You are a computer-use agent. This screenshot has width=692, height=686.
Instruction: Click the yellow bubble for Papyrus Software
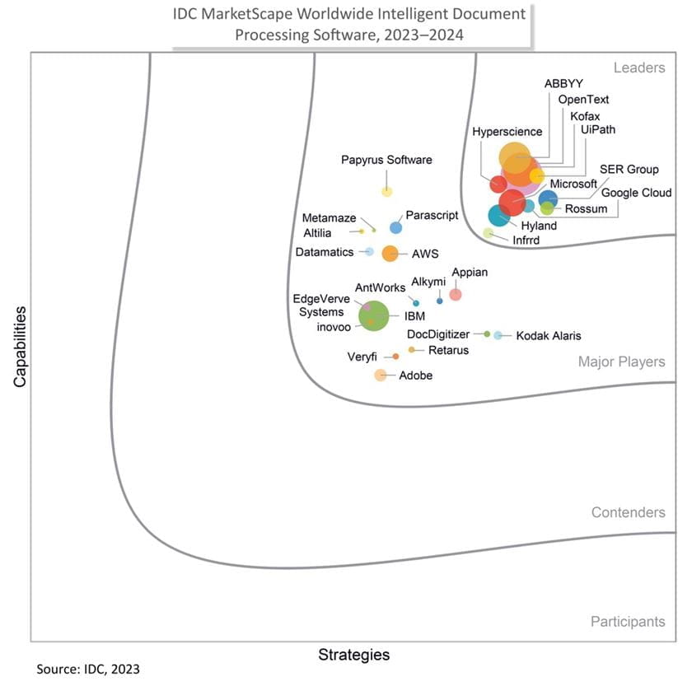point(386,192)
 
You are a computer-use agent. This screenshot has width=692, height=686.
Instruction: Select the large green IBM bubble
point(374,316)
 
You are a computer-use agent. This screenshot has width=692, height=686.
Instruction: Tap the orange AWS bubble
point(390,254)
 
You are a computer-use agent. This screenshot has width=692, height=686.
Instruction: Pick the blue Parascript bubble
point(395,228)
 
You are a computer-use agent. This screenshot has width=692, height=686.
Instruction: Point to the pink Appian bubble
point(455,294)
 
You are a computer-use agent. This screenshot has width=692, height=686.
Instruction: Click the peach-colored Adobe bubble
point(380,376)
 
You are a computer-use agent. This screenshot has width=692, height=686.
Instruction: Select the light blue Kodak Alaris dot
point(498,335)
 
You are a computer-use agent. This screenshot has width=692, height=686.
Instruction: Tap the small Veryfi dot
point(395,357)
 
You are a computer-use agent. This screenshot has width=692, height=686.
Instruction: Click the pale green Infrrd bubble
point(488,233)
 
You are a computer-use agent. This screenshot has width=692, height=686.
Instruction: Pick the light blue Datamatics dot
point(369,251)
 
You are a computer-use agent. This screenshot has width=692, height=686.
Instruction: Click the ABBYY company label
point(563,84)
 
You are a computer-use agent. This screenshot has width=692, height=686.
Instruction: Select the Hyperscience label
point(507,132)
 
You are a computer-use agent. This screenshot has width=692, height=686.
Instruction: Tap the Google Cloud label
point(636,194)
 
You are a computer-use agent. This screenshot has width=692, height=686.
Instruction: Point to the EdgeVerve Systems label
point(320,306)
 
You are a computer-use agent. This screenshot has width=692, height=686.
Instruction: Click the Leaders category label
point(639,68)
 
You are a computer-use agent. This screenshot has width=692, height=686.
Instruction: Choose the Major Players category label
point(621,362)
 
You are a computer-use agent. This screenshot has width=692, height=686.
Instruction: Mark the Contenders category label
point(628,513)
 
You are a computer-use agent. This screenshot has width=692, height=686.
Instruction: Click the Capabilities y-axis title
point(21,347)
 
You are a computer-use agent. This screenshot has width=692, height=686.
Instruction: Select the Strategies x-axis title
point(353,656)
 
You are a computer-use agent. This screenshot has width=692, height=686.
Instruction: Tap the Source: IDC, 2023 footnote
point(82,669)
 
